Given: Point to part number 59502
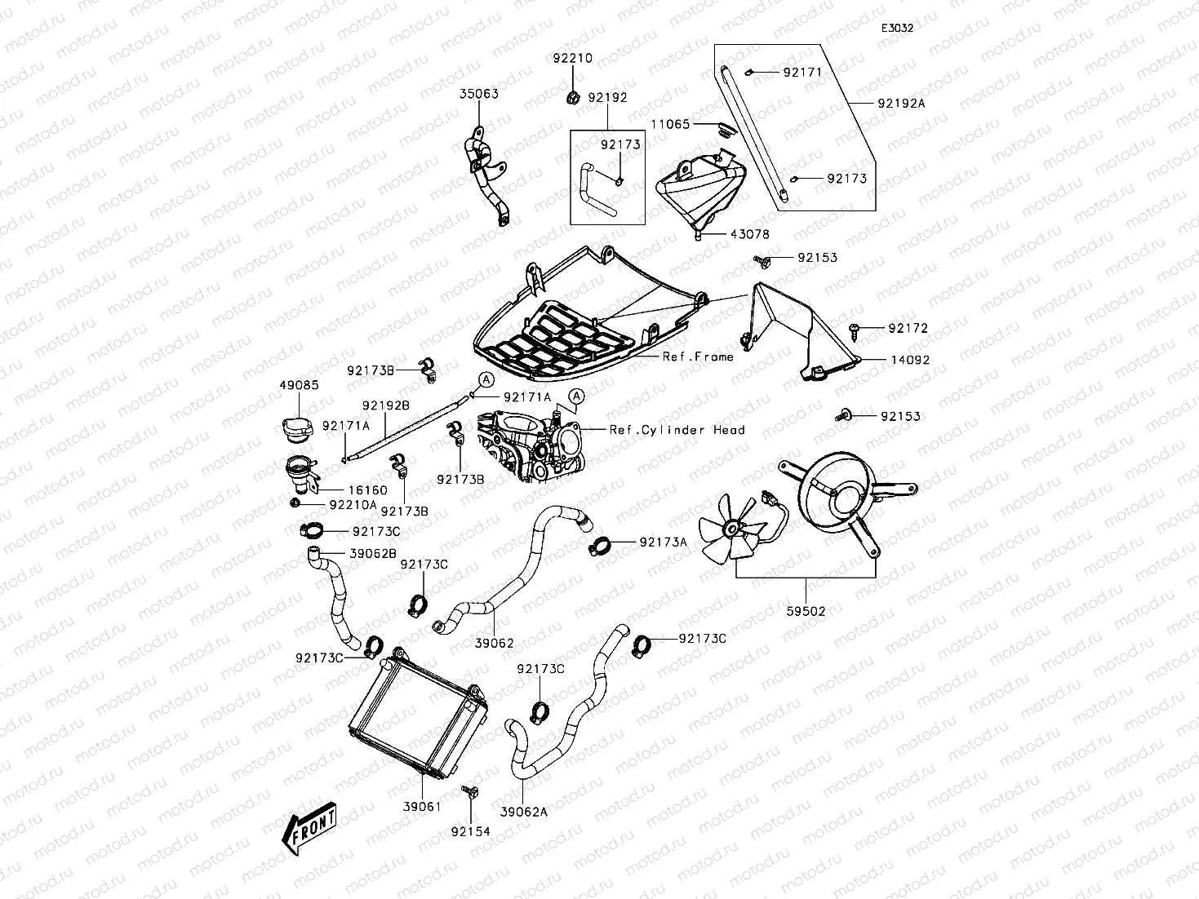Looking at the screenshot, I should (x=806, y=610).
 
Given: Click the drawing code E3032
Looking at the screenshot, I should (x=896, y=28).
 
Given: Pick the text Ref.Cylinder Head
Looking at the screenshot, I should (x=677, y=430).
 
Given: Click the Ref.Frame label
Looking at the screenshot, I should (x=697, y=356).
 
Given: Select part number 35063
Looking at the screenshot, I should (x=478, y=94).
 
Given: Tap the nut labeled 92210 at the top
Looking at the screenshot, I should (x=572, y=99).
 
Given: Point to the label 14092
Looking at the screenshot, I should (x=909, y=359).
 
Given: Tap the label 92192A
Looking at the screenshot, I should (x=901, y=104).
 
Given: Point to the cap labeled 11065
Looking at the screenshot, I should (x=722, y=127).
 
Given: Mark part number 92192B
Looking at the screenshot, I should (x=386, y=405).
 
